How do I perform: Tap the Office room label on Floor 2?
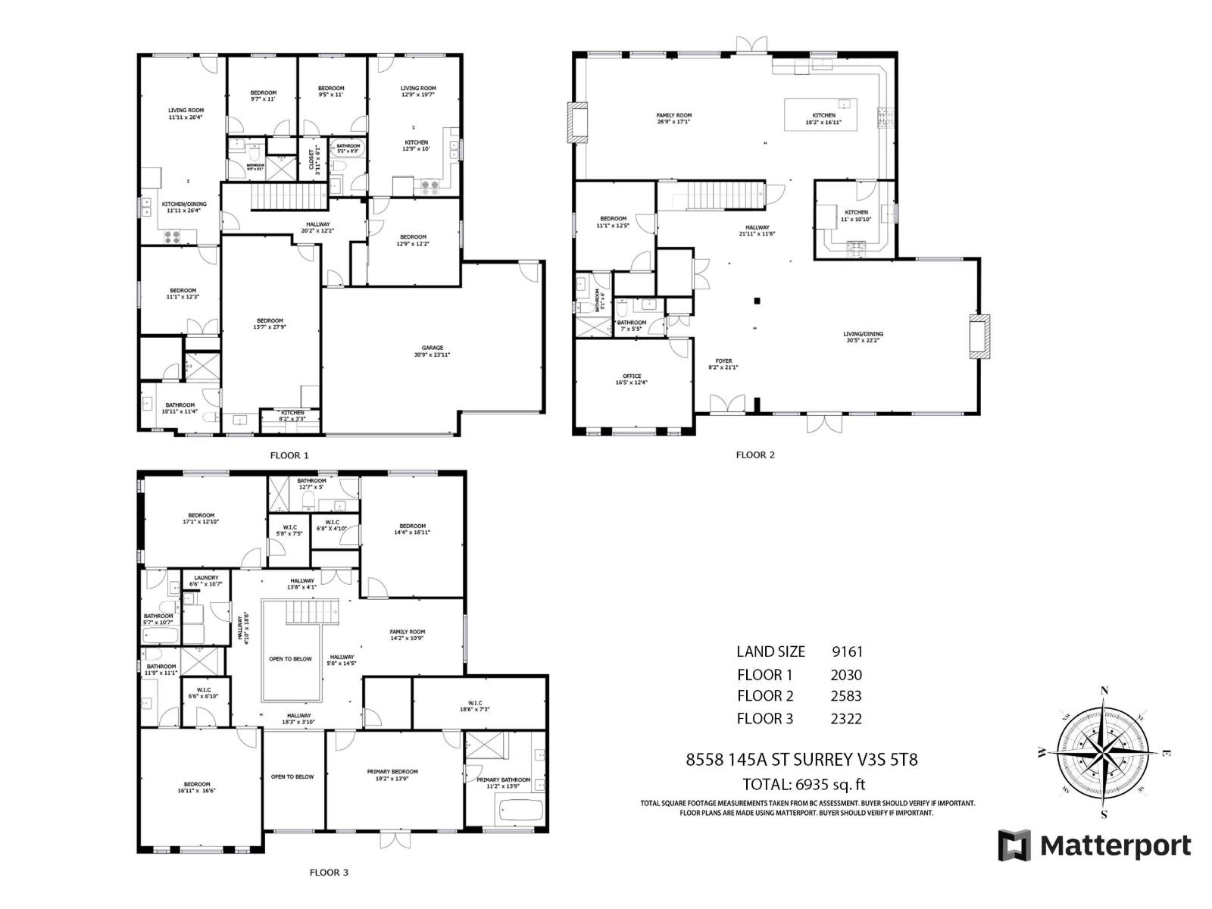click(x=632, y=380)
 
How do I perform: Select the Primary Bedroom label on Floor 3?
click(x=392, y=775)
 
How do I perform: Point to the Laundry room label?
click(x=206, y=580)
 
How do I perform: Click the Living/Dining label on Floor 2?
click(x=864, y=337)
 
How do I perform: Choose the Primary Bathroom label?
click(x=504, y=782)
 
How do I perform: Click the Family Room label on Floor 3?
click(x=408, y=635)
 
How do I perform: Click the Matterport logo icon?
click(x=1014, y=845)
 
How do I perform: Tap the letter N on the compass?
click(x=1104, y=691)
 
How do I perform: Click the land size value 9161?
click(x=847, y=651)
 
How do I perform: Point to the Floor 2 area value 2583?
click(x=846, y=695)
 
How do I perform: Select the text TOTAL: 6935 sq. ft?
click(x=804, y=784)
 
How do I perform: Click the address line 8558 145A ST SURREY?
click(x=801, y=759)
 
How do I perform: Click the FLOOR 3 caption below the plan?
click(x=329, y=873)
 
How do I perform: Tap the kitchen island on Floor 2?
click(x=821, y=113)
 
